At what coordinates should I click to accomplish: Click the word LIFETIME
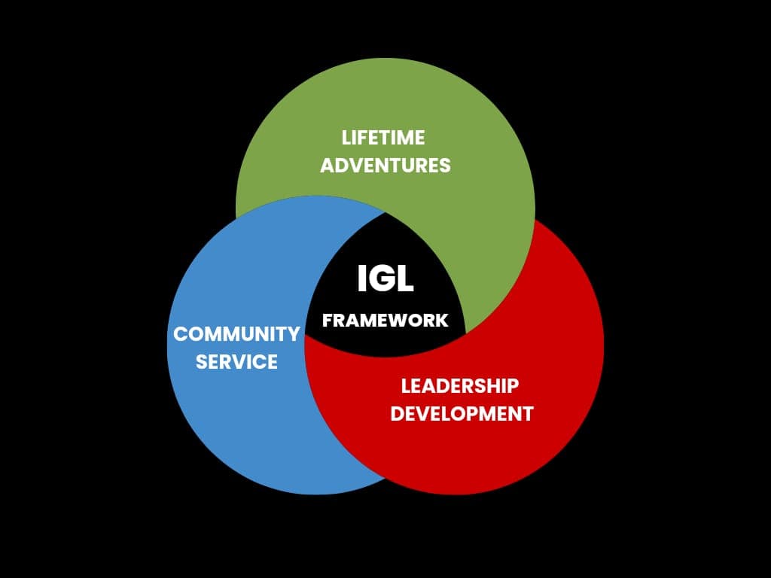[383, 138]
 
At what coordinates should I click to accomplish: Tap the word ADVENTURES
[385, 165]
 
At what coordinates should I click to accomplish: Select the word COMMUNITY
[236, 334]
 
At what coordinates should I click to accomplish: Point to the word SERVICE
[236, 362]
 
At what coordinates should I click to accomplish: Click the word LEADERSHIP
[460, 386]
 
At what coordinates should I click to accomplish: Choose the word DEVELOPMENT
[462, 413]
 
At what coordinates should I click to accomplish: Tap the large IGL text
[385, 278]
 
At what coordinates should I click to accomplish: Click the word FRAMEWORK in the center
[385, 321]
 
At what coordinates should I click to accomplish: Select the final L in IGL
[405, 278]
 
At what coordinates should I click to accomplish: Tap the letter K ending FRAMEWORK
[441, 321]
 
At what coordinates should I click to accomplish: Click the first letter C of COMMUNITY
[181, 334]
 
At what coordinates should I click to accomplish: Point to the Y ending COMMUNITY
[293, 334]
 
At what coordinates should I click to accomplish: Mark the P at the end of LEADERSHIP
[512, 386]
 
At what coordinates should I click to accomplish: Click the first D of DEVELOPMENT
[398, 413]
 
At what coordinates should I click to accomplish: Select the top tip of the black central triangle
[385, 212]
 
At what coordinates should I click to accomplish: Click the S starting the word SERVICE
[202, 362]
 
